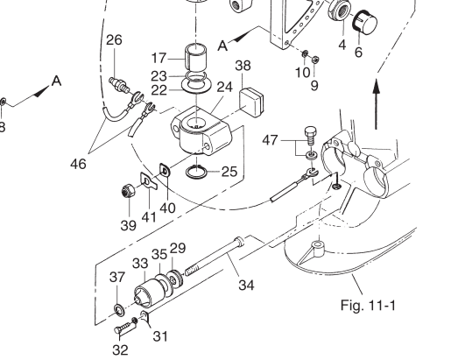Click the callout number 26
114,39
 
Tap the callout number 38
243,66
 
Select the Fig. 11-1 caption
368,305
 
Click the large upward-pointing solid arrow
377,103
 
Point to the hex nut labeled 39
128,192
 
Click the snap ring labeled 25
196,172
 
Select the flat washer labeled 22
197,86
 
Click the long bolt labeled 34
215,256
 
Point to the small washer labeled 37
119,309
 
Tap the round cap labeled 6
365,21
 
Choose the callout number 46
78,164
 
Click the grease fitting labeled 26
119,84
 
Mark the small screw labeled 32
125,326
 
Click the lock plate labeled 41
148,180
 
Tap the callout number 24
225,87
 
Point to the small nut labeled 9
315,60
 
